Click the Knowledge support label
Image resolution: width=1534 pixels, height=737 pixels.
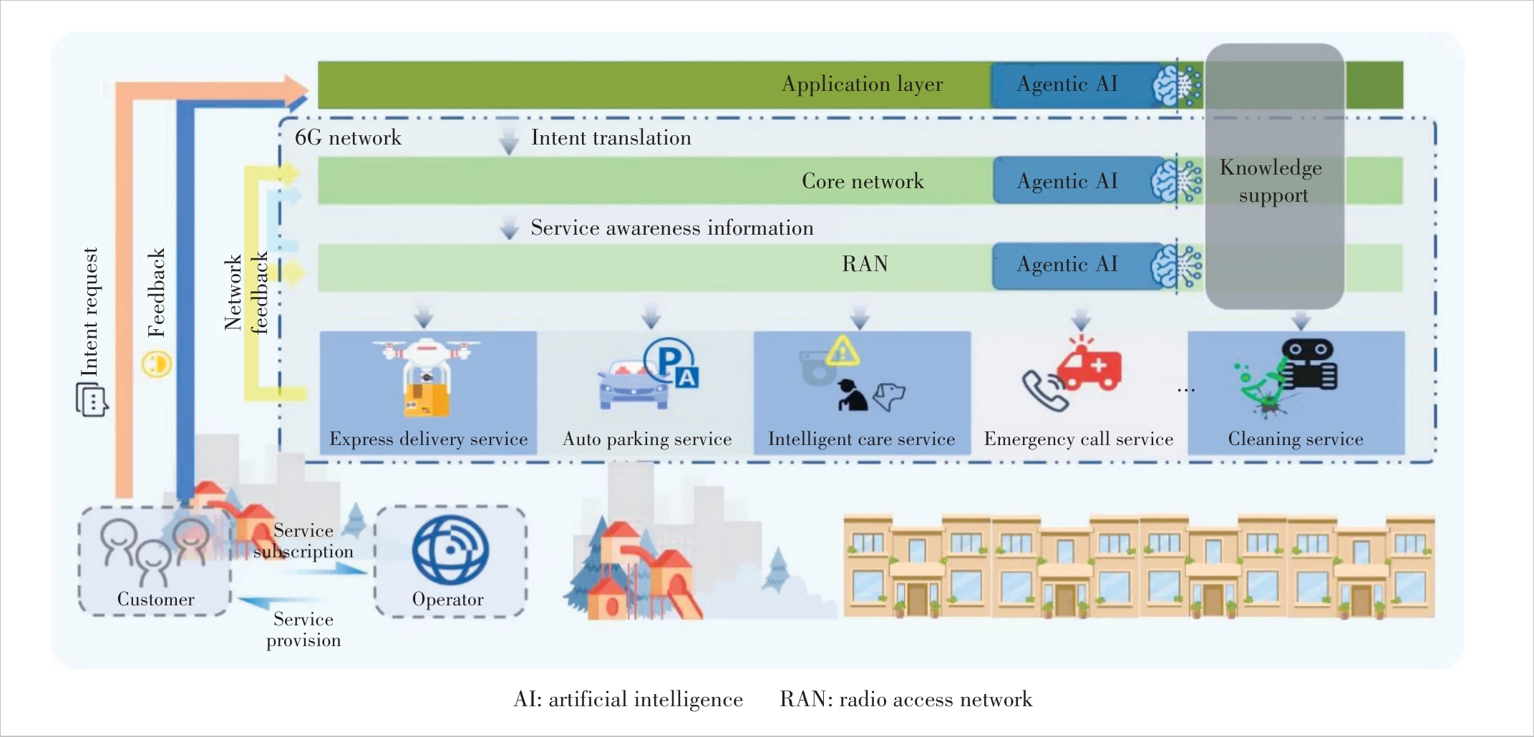coord(1272,181)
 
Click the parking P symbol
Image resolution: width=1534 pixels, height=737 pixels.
coord(669,360)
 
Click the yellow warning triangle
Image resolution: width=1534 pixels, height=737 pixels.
coord(843,351)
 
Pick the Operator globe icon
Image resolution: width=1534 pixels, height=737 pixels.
coord(450,550)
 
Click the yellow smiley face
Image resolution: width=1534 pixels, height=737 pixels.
coord(156,363)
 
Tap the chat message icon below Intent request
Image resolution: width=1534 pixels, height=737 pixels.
coord(92,399)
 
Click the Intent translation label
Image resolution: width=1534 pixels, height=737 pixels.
coord(611,138)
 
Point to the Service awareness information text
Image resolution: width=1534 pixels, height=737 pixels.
coord(672,228)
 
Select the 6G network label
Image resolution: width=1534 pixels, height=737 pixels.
coord(348,137)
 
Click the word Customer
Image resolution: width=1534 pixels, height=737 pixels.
coord(155,600)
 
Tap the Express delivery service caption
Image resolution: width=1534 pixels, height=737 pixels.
coord(428,439)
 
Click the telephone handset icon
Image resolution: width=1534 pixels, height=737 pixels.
coord(1044,391)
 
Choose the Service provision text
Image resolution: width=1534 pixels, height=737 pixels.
coord(304,630)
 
